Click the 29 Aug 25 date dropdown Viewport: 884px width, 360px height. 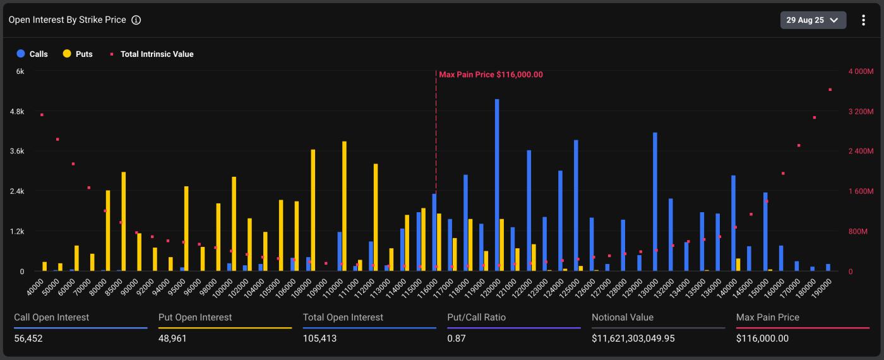tap(813, 20)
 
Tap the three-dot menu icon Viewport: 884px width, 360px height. tap(863, 20)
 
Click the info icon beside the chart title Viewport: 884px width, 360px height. tap(136, 20)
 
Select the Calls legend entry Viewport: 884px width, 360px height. tap(32, 54)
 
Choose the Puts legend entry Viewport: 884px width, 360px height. tap(78, 54)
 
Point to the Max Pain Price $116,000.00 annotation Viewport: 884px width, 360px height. tap(491, 75)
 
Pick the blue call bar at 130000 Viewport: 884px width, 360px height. tap(655, 201)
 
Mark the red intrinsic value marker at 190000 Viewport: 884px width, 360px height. tap(830, 90)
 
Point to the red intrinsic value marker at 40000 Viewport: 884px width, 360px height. tap(42, 115)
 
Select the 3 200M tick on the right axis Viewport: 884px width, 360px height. tap(861, 111)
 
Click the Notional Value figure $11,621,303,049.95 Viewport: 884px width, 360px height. tap(633, 339)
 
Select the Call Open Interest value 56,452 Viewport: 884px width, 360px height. tap(28, 339)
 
